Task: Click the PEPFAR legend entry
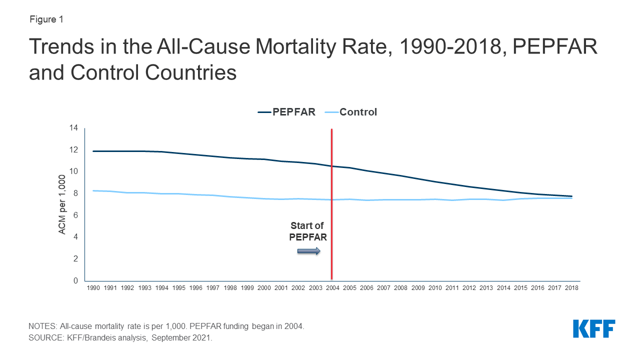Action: click(x=287, y=112)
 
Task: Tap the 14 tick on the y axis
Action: click(x=74, y=128)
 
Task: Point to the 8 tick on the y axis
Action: click(x=75, y=193)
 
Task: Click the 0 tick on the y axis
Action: click(x=75, y=280)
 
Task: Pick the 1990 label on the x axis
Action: click(x=93, y=288)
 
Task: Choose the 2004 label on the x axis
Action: click(x=332, y=288)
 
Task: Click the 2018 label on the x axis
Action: click(x=571, y=288)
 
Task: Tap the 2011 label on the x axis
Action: click(x=452, y=288)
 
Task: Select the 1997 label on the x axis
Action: click(x=212, y=288)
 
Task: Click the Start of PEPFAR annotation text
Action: click(x=308, y=231)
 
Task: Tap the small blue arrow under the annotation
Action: click(x=308, y=251)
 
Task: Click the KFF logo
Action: click(x=594, y=329)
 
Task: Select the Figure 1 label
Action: click(x=45, y=19)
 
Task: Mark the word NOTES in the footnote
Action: click(x=42, y=326)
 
